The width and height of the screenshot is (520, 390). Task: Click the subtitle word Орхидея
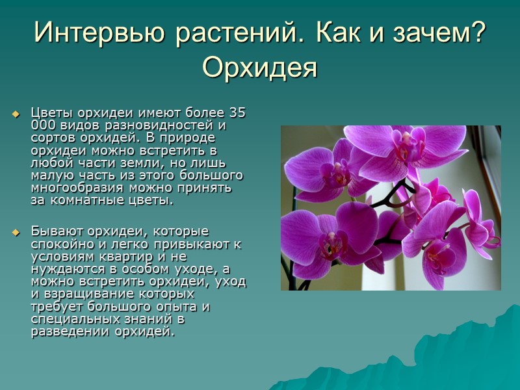pos(260,66)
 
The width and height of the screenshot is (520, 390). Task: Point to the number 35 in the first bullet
pos(238,112)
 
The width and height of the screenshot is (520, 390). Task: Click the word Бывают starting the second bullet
pos(53,231)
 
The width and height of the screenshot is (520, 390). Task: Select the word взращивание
pos(84,293)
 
